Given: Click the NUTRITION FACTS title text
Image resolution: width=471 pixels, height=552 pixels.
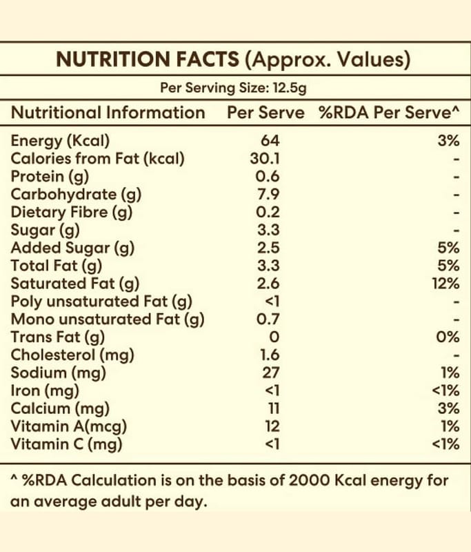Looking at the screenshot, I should click(x=148, y=60).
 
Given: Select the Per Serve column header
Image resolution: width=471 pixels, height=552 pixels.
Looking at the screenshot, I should click(x=265, y=112).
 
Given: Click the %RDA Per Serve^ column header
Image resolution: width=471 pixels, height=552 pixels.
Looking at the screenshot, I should click(x=389, y=112).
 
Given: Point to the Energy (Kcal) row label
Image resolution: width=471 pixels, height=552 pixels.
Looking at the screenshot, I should click(x=61, y=141).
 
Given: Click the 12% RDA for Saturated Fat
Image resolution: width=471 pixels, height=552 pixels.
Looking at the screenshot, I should click(x=447, y=284).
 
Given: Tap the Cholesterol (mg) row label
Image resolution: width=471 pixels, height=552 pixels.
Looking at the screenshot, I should click(x=72, y=355).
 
